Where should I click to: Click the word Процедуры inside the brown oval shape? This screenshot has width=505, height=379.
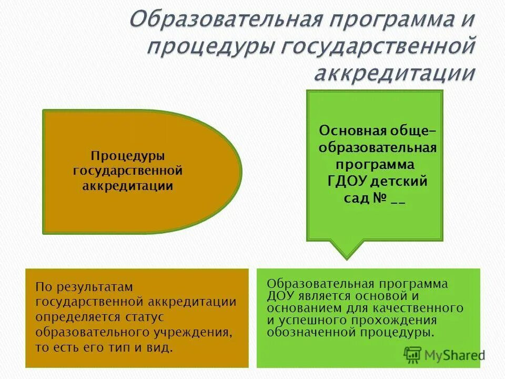pyautogui.click(x=128, y=156)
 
